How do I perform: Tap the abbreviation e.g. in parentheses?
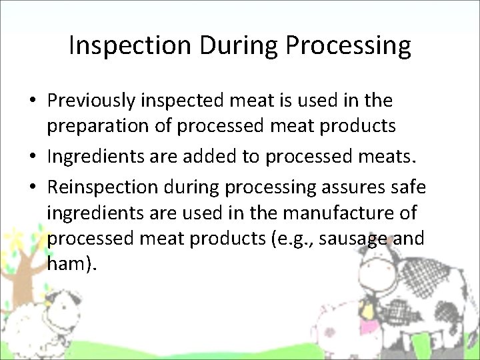(x=292, y=239)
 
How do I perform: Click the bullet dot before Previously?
(x=32, y=102)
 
